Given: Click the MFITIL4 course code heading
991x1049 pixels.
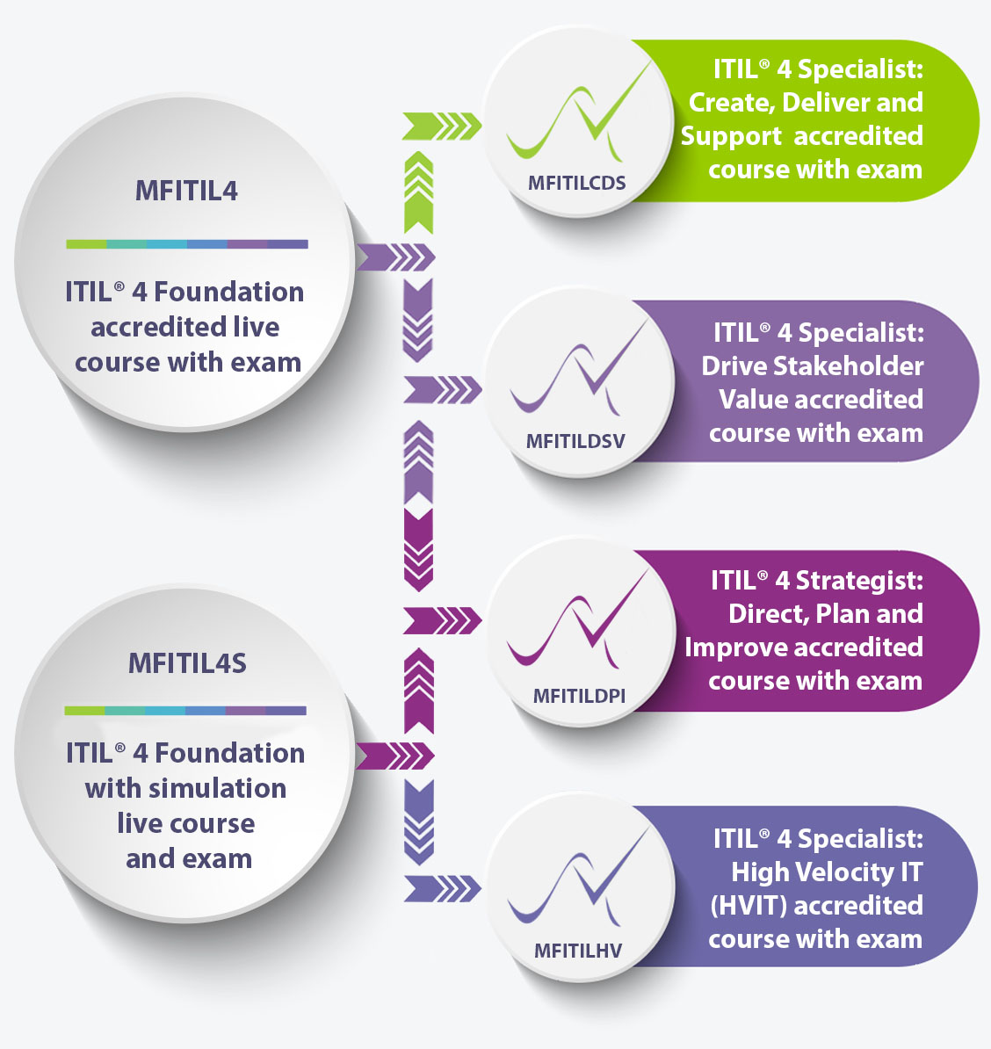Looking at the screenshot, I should (186, 191).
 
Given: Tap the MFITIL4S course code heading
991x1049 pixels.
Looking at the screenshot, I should (187, 662).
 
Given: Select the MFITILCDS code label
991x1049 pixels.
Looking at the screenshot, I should (576, 183).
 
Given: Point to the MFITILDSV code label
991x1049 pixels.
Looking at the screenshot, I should (575, 441).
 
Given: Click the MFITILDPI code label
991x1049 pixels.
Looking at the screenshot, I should (579, 696).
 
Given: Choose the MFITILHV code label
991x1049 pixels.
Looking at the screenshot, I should (578, 951).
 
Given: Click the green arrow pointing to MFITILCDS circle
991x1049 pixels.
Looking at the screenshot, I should (441, 127).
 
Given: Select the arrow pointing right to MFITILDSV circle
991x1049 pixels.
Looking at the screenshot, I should (441, 389).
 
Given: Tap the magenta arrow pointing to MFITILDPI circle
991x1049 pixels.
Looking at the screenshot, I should (441, 620).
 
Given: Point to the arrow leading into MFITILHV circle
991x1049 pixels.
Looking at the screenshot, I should (441, 887).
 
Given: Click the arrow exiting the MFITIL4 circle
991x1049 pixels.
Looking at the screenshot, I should (395, 257).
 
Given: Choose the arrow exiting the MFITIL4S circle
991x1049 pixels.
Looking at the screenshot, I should (395, 755).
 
